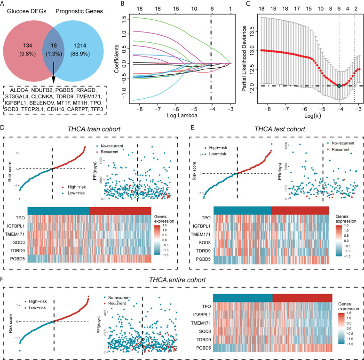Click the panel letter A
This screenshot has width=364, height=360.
(4, 5)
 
